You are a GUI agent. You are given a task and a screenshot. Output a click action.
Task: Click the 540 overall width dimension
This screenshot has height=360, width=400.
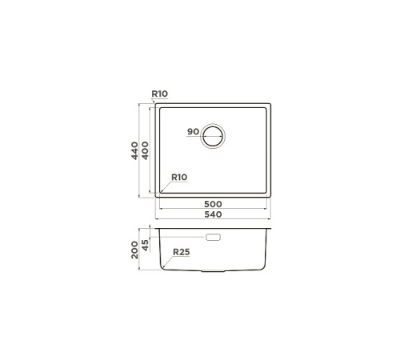[x=212, y=214]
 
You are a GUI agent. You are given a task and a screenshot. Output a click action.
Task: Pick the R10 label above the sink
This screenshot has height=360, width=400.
[x=159, y=94]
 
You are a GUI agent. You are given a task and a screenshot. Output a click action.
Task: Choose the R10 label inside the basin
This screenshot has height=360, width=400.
[x=178, y=177]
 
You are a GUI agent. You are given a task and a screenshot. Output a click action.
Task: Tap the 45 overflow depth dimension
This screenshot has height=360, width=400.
[x=146, y=244]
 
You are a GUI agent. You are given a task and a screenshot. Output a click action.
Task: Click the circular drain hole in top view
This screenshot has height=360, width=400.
[x=214, y=136]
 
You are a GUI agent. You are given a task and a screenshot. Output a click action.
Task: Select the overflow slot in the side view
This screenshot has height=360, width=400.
[x=214, y=238]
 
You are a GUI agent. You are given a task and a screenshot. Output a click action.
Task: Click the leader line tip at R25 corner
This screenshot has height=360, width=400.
[x=163, y=265]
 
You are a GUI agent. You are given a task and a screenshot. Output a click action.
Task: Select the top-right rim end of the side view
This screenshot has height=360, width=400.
[x=270, y=229]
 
